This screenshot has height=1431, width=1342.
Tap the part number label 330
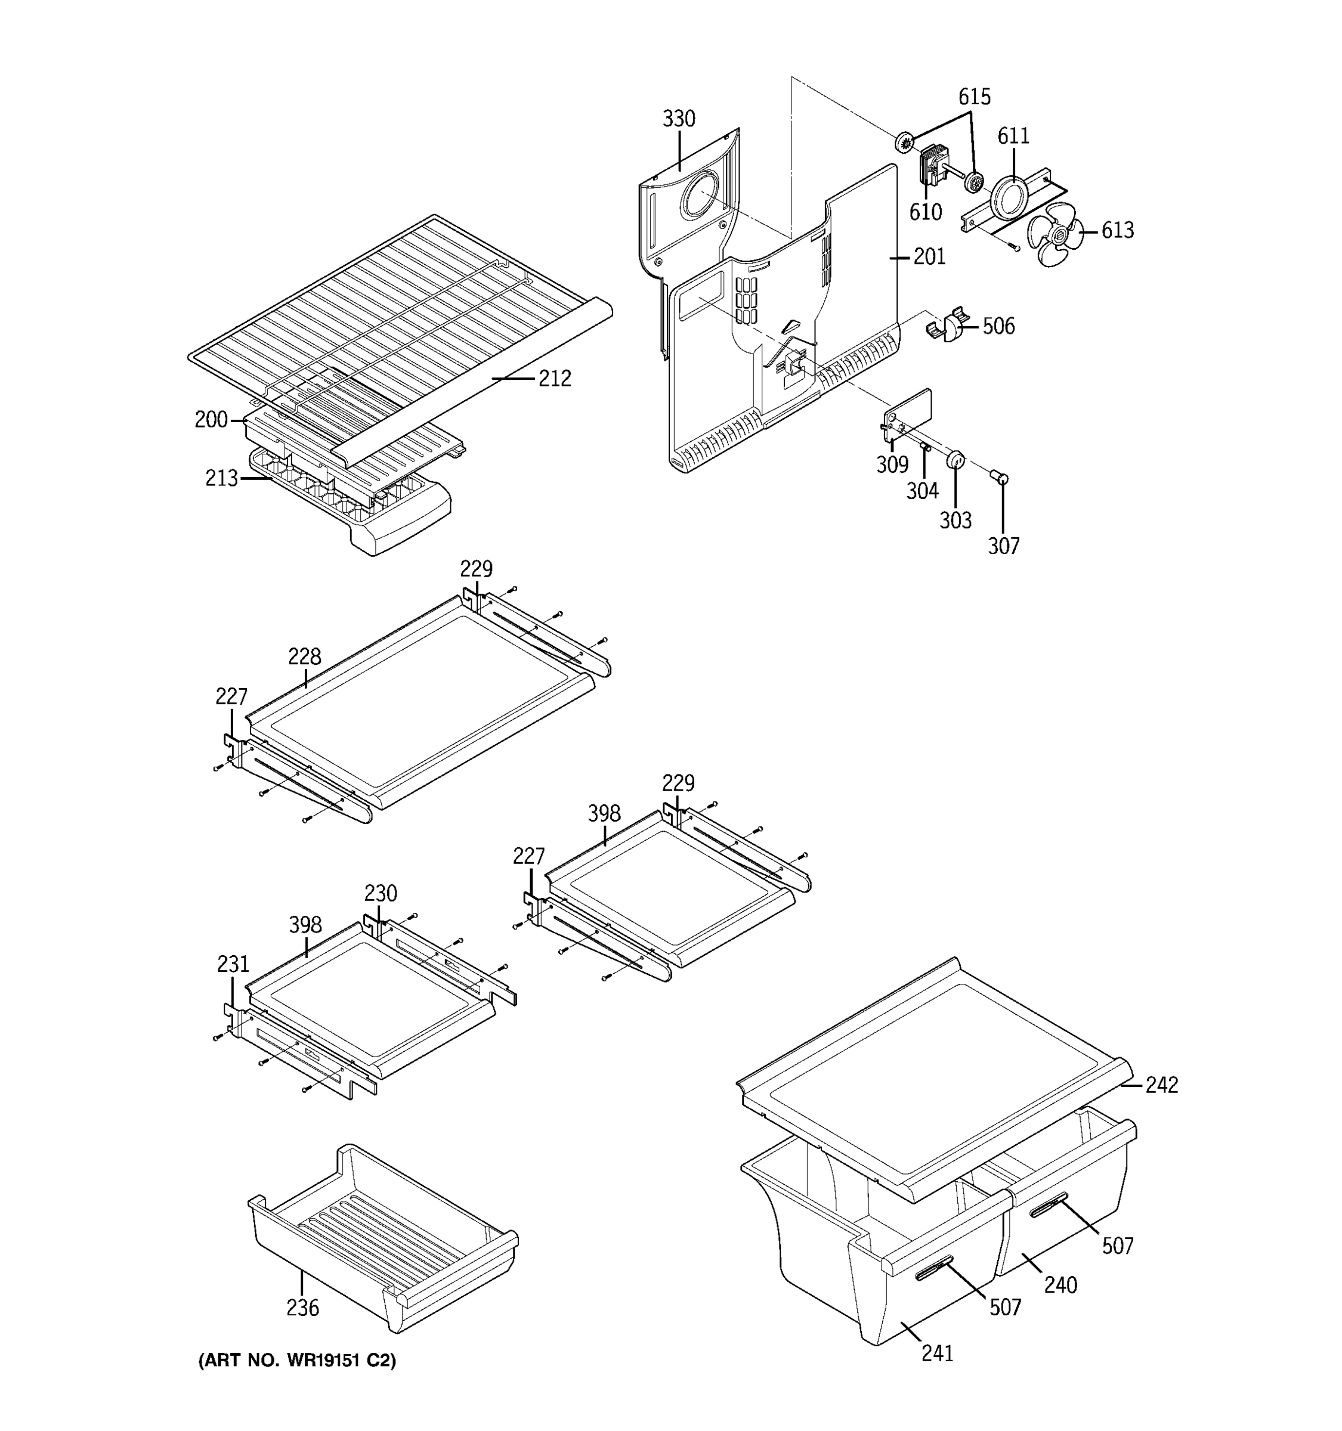coord(678,119)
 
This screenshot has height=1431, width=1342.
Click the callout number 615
coord(973,97)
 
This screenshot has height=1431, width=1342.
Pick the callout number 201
coord(929,257)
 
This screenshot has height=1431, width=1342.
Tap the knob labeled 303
coord(955,459)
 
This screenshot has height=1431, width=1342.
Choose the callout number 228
coord(305,656)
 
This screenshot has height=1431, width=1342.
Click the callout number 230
coord(380,893)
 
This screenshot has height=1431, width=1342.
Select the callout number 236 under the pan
coord(302,1308)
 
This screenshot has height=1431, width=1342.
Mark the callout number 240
coord(1060,1285)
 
